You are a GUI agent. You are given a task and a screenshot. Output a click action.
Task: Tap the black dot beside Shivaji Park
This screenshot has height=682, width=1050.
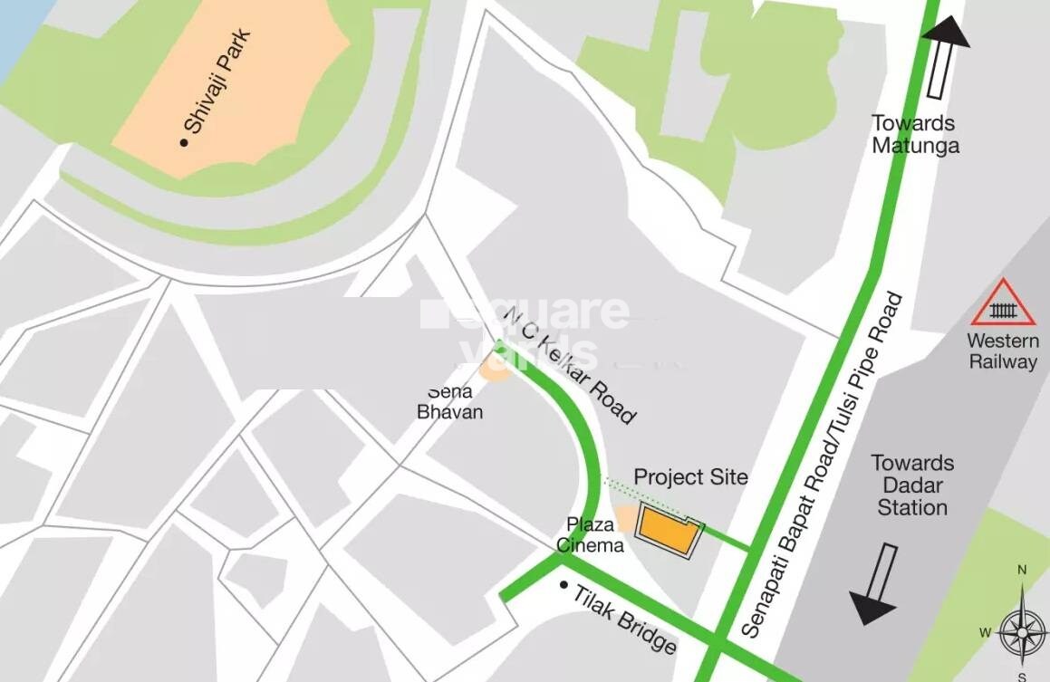coord(185,142)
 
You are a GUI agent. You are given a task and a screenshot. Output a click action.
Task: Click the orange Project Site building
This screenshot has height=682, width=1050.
coord(668,531)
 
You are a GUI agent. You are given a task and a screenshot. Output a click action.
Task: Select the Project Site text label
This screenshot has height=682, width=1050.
coord(690,476)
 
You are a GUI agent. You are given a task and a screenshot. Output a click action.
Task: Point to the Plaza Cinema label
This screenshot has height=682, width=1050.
coord(590,534)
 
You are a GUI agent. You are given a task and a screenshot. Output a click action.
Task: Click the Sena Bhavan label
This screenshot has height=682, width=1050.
coord(449,402)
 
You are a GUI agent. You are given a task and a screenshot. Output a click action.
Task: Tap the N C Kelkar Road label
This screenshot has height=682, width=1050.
coord(570,365)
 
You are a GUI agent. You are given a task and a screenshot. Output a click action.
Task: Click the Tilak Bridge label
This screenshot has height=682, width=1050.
coord(625,618)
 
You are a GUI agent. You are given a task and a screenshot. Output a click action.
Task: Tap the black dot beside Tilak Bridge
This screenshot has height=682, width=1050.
coord(564,585)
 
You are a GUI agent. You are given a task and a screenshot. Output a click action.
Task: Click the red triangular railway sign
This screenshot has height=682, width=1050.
coord(1003,304)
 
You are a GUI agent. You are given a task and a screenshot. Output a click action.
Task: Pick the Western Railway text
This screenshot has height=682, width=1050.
coord(1003,351)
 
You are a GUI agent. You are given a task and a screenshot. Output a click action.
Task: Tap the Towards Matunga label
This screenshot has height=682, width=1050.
coord(915,134)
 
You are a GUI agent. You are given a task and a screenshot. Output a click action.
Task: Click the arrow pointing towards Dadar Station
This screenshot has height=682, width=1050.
coord(876,583)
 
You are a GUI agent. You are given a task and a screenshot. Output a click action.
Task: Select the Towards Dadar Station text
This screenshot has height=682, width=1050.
coord(912,485)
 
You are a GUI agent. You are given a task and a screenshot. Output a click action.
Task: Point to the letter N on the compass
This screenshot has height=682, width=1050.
coord(1022,570)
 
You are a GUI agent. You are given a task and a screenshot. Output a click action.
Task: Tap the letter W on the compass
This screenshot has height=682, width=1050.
coord(984,633)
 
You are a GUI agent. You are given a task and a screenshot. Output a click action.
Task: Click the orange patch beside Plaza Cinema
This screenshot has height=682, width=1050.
coord(624,518)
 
